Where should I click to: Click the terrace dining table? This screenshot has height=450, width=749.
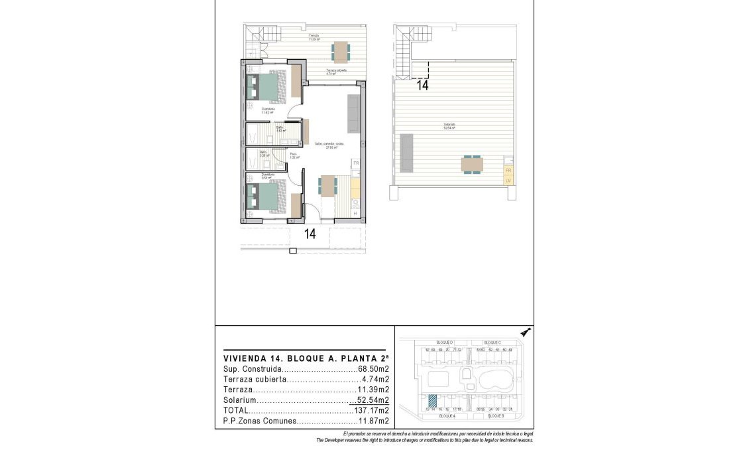[x=340, y=51]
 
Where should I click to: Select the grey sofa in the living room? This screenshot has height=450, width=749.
[x=354, y=113]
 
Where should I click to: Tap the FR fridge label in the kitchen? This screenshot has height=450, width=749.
[x=355, y=163]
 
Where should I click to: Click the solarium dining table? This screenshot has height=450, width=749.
[x=473, y=164]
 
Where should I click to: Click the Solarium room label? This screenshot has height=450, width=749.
[x=449, y=125]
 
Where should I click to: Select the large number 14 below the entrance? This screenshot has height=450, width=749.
[x=310, y=234]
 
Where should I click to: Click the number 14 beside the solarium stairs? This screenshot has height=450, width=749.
[x=422, y=85]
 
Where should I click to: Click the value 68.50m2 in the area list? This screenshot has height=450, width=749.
[x=373, y=368]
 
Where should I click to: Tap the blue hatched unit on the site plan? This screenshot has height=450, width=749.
[x=433, y=401]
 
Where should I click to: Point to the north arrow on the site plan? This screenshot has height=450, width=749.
[x=526, y=332]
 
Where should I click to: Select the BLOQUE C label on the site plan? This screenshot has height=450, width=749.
[x=490, y=341]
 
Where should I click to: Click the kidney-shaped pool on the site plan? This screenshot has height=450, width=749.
[x=494, y=381]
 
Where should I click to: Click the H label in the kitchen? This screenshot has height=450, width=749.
[x=355, y=213]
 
